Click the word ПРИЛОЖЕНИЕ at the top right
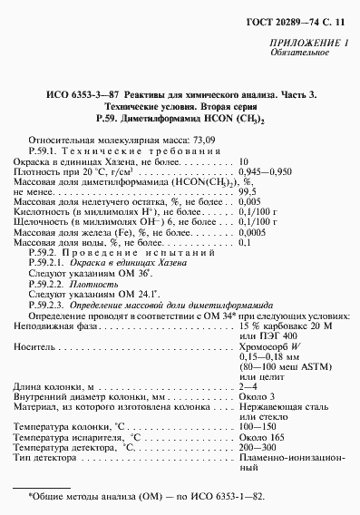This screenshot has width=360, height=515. pyautogui.click(x=304, y=44)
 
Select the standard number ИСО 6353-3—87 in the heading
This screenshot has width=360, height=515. pyautogui.click(x=84, y=94)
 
